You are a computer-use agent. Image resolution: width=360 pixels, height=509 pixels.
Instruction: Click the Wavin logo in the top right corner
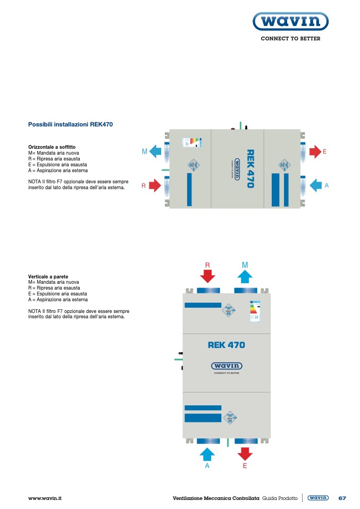[290, 22]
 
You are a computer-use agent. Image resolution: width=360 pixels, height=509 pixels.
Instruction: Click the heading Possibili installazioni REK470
[70, 124]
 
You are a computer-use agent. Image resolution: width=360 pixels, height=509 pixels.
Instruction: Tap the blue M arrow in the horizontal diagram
[155, 152]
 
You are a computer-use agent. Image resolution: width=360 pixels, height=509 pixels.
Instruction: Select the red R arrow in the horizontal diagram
[155, 185]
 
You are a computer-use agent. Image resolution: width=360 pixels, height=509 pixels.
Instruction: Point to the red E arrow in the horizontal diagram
[315, 151]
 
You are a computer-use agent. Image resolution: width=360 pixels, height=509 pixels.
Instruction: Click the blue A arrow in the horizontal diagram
[315, 185]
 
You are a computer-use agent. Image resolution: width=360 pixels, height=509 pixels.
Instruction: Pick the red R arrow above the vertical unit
[208, 276]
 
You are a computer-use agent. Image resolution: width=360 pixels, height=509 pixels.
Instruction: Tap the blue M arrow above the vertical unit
[245, 276]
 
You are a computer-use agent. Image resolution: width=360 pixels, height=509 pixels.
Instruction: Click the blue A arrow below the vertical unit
[207, 454]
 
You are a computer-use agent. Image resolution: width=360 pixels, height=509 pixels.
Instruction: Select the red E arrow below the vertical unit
[245, 453]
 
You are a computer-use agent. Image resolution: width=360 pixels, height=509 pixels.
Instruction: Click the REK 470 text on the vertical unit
[227, 345]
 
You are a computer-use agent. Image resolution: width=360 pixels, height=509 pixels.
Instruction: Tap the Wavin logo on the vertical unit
[227, 366]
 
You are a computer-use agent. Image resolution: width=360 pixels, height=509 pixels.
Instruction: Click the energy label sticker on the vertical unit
[254, 311]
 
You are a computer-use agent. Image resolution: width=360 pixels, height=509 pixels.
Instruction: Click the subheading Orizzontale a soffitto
[52, 147]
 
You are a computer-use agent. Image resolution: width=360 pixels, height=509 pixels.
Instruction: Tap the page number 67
[342, 498]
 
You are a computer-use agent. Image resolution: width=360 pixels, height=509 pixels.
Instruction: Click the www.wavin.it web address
[45, 498]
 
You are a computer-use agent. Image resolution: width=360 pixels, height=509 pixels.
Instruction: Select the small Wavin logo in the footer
[318, 498]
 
